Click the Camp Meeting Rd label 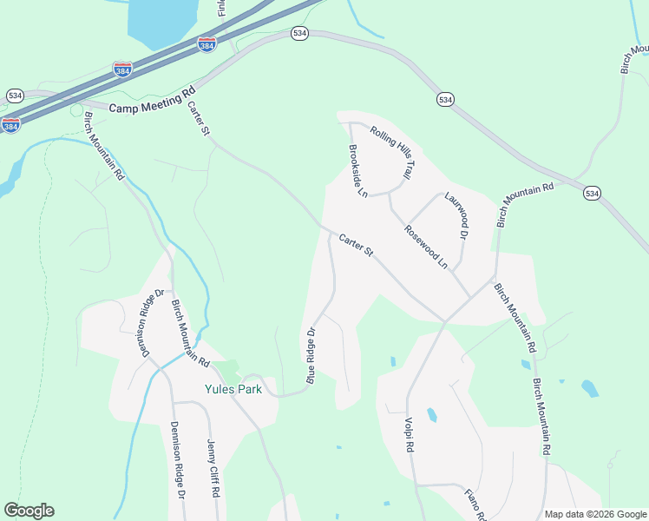[154, 98]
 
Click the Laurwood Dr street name [456, 216]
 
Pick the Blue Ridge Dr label [310, 354]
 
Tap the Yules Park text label [233, 389]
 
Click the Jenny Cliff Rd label [212, 467]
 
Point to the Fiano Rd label [474, 503]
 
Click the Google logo [29, 511]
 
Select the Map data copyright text [594, 514]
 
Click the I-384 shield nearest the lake [206, 44]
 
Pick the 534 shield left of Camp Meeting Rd [15, 95]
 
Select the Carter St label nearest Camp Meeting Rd [199, 117]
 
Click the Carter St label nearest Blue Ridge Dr [356, 245]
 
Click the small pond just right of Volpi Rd [431, 415]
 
